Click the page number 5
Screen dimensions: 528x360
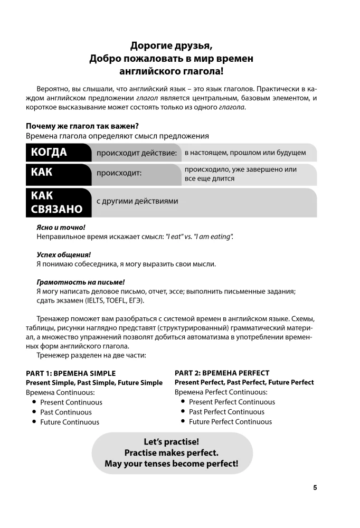pyautogui.click(x=315, y=487)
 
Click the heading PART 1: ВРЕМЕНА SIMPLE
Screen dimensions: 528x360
pyautogui.click(x=70, y=373)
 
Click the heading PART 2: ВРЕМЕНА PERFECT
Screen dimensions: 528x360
pyautogui.click(x=222, y=373)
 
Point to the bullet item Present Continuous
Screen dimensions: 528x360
pyautogui.click(x=71, y=402)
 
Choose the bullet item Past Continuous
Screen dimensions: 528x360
pyautogui.click(x=66, y=412)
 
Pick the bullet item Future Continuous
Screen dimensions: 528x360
pyautogui.click(x=70, y=422)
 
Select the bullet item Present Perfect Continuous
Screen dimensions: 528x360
pyautogui.click(x=232, y=402)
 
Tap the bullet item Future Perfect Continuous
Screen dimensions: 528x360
pyautogui.click(x=230, y=422)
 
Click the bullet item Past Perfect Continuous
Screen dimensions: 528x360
pyautogui.click(x=226, y=412)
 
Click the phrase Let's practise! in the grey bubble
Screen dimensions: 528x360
pyautogui.click(x=172, y=442)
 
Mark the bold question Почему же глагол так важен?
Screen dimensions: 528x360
pyautogui.click(x=82, y=126)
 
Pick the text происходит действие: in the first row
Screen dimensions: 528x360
pyautogui.click(x=136, y=153)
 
